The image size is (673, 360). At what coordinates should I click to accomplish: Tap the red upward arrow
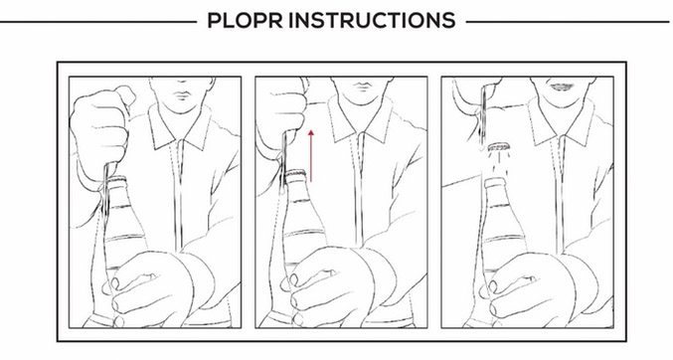311,156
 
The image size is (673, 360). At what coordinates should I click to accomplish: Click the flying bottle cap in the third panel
498,147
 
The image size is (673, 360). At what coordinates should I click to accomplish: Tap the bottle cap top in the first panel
116,180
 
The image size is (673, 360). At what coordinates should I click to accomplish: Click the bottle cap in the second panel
295,174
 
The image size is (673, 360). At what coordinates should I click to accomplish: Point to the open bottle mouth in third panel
495,183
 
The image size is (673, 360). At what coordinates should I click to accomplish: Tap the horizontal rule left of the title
98,22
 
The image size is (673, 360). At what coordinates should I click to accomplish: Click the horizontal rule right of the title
568,22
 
